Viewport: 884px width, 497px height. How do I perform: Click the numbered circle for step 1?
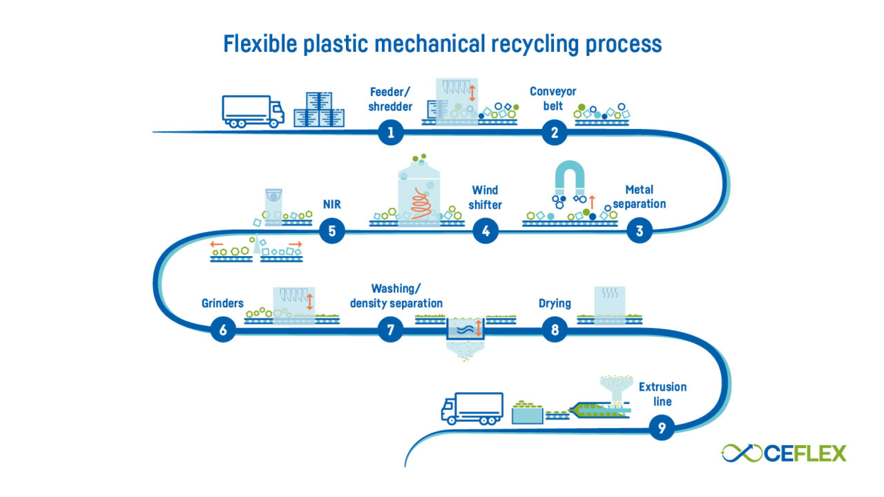(x=390, y=132)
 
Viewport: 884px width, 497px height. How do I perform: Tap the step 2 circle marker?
(x=554, y=132)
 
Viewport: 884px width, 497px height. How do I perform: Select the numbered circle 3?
(x=640, y=231)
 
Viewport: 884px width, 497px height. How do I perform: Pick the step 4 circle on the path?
(x=486, y=231)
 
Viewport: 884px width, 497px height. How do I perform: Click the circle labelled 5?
(x=332, y=231)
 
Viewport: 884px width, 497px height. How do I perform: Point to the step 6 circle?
(x=223, y=331)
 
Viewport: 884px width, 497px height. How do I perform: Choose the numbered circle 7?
(x=390, y=331)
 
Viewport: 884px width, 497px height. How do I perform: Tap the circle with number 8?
(x=554, y=331)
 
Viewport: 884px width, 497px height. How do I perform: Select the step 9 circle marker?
(x=662, y=428)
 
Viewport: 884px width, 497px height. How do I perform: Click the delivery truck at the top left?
(x=253, y=112)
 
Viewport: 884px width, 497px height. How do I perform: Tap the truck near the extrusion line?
(x=472, y=408)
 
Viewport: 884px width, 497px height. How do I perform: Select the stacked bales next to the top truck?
(x=319, y=109)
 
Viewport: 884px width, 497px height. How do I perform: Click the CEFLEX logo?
(x=783, y=453)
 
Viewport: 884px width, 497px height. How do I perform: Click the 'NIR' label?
(x=332, y=205)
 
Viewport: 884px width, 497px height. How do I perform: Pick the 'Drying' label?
(x=555, y=303)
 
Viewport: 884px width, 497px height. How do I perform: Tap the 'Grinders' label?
(x=222, y=303)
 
